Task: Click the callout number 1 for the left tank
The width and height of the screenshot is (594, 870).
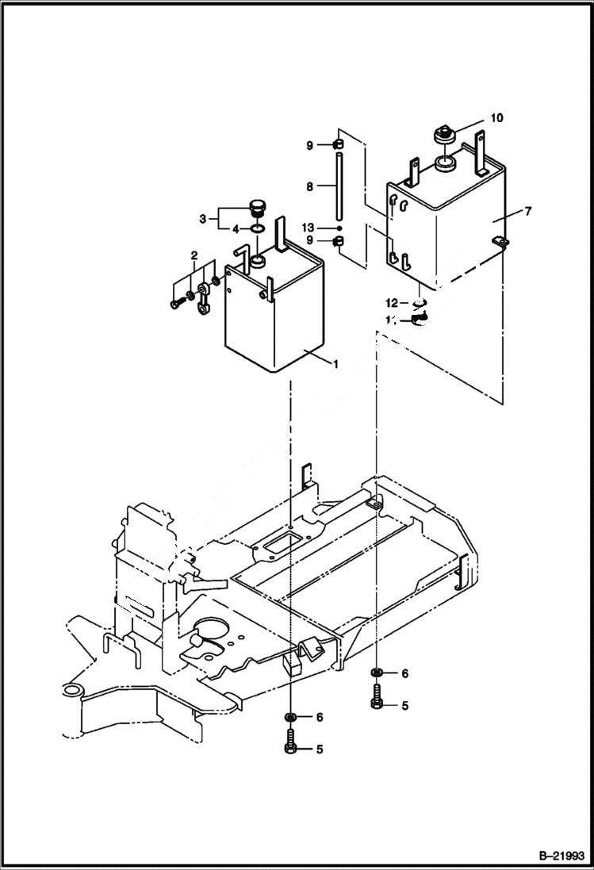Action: [335, 364]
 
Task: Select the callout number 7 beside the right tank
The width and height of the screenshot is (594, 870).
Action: [527, 211]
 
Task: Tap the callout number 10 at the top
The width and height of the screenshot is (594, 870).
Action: [496, 118]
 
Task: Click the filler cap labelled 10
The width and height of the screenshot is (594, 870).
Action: [444, 134]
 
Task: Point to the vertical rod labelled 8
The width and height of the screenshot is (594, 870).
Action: [337, 187]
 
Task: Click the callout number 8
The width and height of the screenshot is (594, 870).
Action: [310, 187]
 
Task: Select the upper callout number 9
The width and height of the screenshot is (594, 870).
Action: [310, 144]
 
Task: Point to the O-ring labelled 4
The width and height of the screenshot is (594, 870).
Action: [259, 230]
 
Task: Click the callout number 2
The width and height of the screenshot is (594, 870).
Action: [193, 255]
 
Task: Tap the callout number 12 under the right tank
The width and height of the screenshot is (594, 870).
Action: [392, 302]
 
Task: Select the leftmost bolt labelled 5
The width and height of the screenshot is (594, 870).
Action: [291, 748]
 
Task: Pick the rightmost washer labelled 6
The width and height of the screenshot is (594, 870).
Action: [377, 674]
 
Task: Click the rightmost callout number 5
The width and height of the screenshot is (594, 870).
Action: [404, 705]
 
